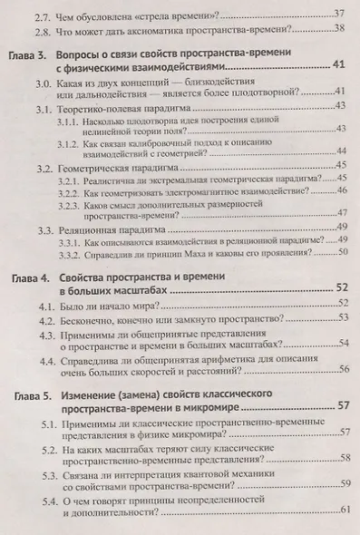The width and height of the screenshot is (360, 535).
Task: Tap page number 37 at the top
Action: pyautogui.click(x=341, y=12)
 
